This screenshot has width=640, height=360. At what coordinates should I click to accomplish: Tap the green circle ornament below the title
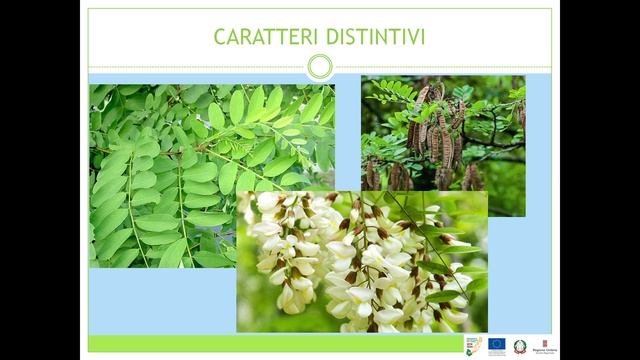pos(319,67)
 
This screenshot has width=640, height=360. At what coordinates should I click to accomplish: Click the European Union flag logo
pos(497,345)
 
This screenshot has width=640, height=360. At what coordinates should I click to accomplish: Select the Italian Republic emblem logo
pos(520,346)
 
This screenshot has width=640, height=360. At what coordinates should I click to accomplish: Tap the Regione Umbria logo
pos(545,346)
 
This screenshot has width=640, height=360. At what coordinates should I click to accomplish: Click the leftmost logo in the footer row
pos(473,345)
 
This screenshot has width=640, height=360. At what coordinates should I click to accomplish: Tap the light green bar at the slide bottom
pos(270,343)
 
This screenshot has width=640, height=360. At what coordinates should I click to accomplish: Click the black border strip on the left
pos(40,180)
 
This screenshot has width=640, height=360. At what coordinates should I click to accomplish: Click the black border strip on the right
pos(600,180)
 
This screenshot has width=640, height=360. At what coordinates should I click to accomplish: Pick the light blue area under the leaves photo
pos(160,300)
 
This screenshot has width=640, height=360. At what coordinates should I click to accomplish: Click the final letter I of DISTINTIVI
pos(422,37)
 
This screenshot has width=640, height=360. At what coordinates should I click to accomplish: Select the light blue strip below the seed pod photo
pos(510,260)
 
